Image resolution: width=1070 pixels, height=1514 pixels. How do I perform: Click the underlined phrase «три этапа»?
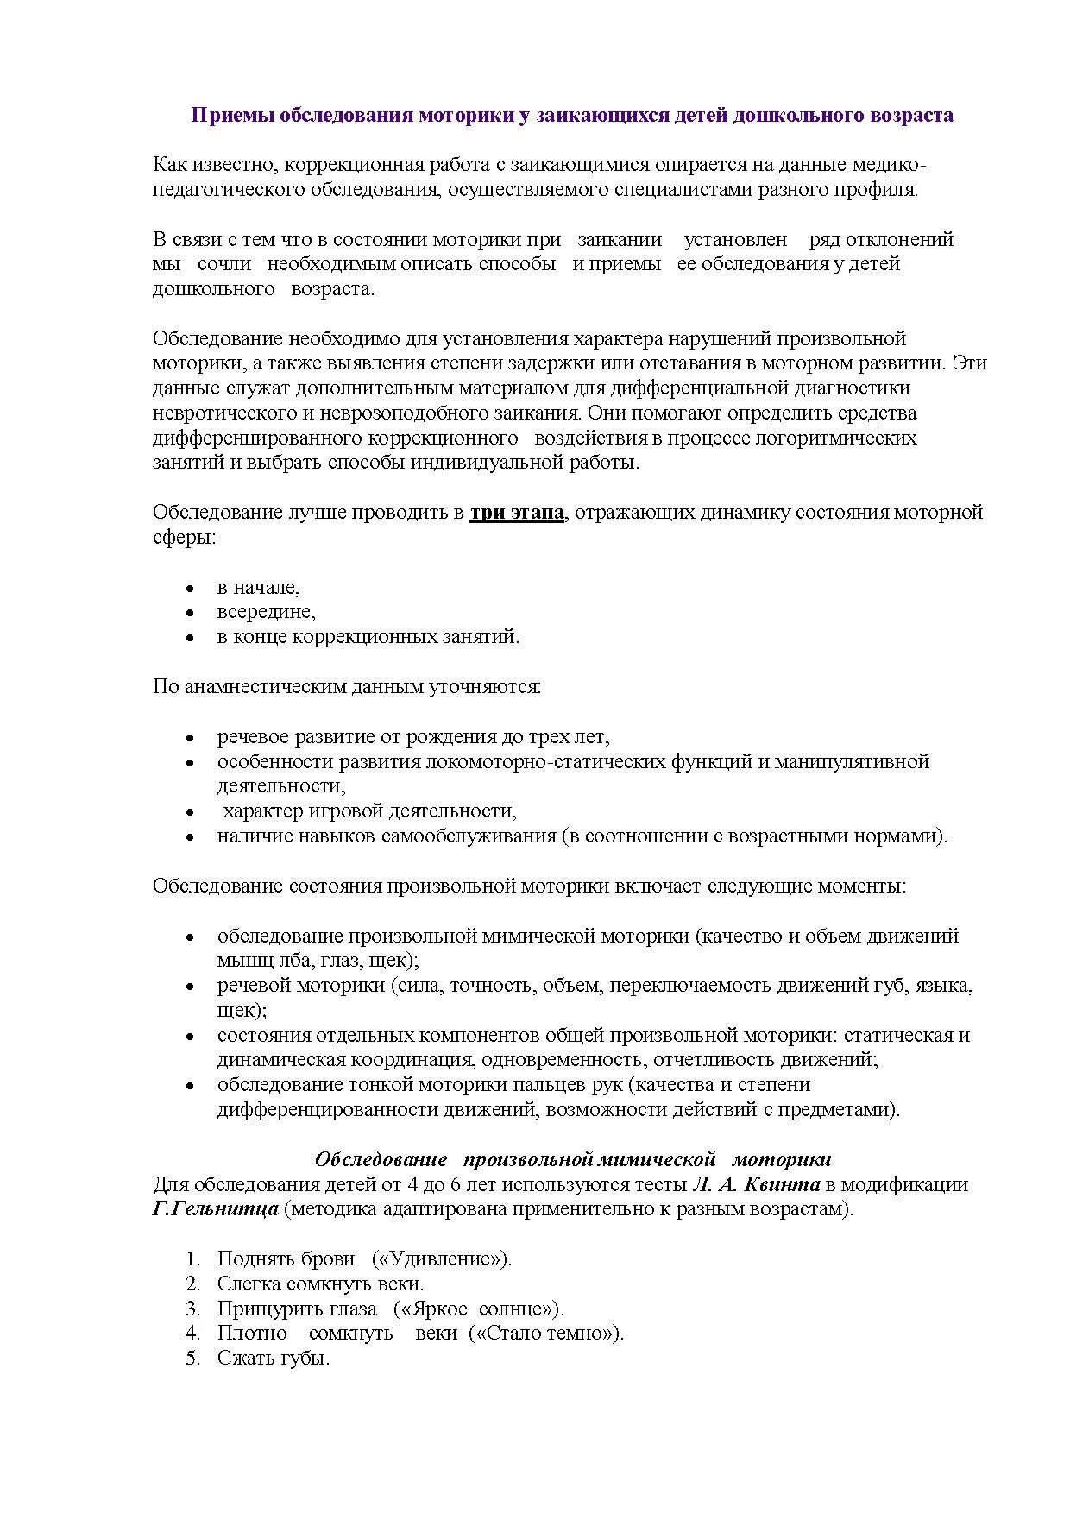click(x=517, y=513)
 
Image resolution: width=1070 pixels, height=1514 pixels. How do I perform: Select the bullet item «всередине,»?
click(x=266, y=612)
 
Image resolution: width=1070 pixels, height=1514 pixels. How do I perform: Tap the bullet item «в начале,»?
click(x=258, y=588)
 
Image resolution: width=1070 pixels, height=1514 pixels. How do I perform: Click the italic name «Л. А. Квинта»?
click(x=756, y=1185)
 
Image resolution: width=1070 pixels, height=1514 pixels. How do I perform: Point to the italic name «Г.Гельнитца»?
click(x=216, y=1209)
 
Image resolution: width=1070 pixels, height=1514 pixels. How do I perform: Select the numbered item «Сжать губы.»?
click(x=274, y=1359)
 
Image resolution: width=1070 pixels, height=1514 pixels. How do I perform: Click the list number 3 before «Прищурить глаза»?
click(x=192, y=1309)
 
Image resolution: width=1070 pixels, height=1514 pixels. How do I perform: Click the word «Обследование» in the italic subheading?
click(x=381, y=1159)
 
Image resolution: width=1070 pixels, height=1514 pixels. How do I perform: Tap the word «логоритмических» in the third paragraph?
click(x=835, y=438)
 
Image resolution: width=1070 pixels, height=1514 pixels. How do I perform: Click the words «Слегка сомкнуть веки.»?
click(x=320, y=1284)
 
